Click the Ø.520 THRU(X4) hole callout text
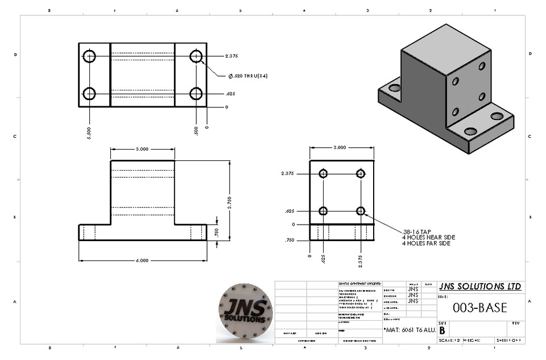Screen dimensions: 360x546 (x=248, y=76)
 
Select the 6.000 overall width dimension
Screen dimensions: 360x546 (x=142, y=260)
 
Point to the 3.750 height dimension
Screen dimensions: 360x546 (x=230, y=207)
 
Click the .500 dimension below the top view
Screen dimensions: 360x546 (x=196, y=131)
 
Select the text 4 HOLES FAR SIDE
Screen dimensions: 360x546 (x=426, y=243)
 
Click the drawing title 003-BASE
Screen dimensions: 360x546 (x=479, y=308)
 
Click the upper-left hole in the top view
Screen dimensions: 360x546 (x=89, y=56)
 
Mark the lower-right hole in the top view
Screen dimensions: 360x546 (x=196, y=93)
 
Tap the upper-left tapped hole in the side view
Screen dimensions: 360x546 (x=324, y=174)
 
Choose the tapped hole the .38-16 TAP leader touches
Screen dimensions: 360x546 (x=361, y=211)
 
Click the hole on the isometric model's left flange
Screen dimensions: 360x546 (x=394, y=88)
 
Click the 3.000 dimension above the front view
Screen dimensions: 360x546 (x=142, y=149)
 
